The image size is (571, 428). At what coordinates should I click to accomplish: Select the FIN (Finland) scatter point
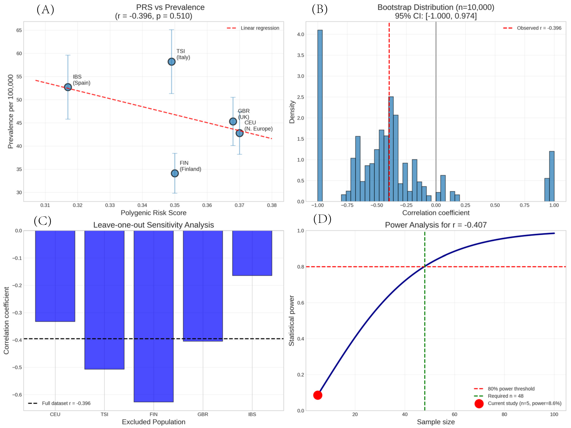[x=175, y=173]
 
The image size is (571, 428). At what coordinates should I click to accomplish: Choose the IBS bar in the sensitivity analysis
[x=252, y=253]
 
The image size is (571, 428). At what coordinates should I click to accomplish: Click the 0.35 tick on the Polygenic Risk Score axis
[x=175, y=205]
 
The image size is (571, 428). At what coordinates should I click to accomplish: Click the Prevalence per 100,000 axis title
[x=10, y=112]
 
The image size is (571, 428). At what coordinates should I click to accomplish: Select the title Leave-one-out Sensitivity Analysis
[x=154, y=225]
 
